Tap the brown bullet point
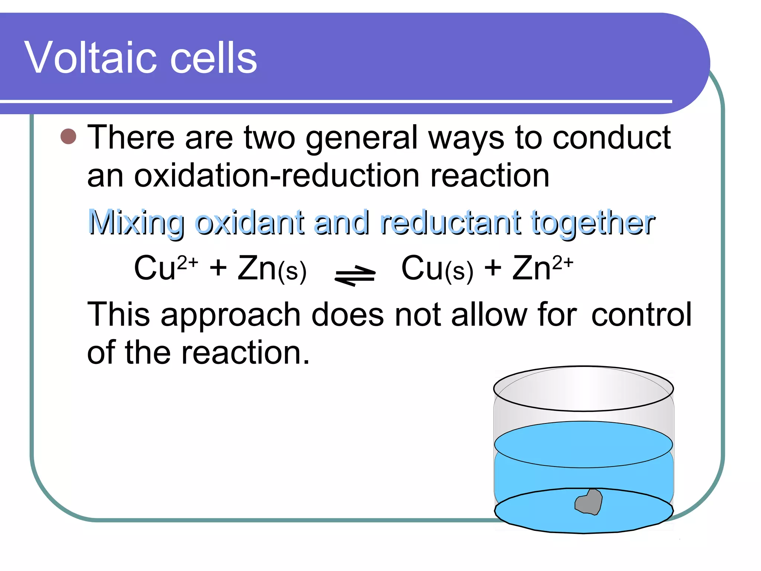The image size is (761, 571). [68, 137]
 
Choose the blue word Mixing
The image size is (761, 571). [136, 223]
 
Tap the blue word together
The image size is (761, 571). [592, 223]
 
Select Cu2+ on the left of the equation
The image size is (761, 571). [165, 268]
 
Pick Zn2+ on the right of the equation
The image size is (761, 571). [543, 268]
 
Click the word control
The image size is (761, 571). [641, 314]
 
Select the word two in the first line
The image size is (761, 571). [270, 138]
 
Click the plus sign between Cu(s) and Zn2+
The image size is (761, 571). [493, 268]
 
